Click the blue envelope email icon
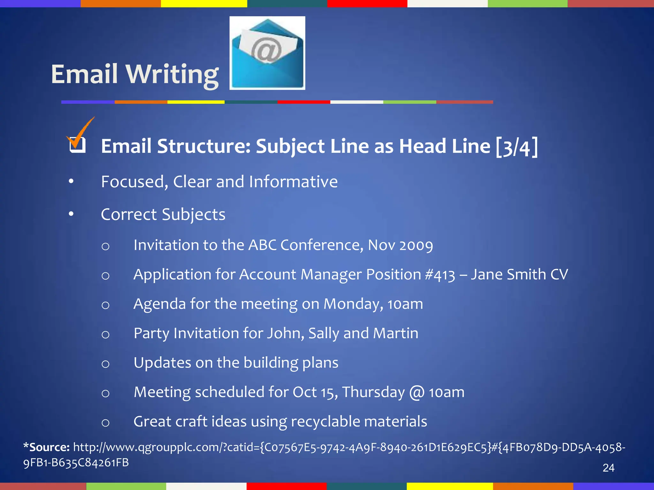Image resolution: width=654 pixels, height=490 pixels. point(267,53)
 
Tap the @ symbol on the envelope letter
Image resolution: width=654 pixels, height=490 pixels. point(266,50)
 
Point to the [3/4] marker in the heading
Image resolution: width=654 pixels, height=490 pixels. point(517,147)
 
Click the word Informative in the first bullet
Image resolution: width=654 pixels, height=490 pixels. point(293,182)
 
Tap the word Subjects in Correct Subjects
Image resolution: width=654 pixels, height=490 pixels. point(194,214)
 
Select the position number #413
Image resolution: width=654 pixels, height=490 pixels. point(440,275)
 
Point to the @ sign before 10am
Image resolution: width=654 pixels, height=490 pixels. point(417,392)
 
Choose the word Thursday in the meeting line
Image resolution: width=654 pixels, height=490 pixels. point(373,392)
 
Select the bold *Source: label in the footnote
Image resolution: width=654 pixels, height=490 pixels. point(47,447)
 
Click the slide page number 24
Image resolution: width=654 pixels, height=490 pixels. point(608,468)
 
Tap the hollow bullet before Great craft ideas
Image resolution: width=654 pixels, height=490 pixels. point(105,423)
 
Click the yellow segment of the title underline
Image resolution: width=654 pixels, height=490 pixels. point(196,102)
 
